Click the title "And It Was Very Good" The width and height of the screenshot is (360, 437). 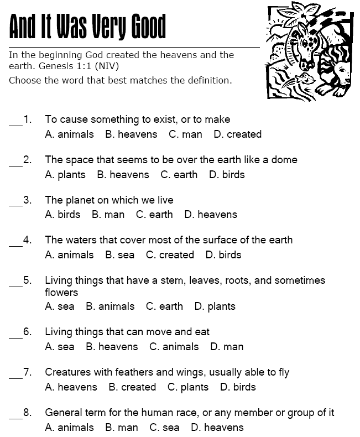(x=87, y=26)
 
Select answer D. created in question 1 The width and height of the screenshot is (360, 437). (x=237, y=134)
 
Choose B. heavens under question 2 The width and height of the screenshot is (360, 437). (x=123, y=175)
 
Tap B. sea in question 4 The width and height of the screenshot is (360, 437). (x=119, y=255)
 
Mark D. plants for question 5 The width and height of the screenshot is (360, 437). (x=215, y=306)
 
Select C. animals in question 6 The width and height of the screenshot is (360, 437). (x=174, y=347)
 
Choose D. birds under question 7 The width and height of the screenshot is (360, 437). (x=238, y=387)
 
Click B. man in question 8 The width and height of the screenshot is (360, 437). (x=121, y=428)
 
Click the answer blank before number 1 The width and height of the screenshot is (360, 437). (x=15, y=124)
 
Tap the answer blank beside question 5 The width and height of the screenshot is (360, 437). (x=15, y=285)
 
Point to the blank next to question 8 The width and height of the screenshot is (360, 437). (x=15, y=417)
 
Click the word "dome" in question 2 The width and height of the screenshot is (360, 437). (x=285, y=160)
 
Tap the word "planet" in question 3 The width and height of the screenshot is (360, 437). (x=80, y=200)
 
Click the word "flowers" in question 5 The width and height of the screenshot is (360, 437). (x=61, y=292)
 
